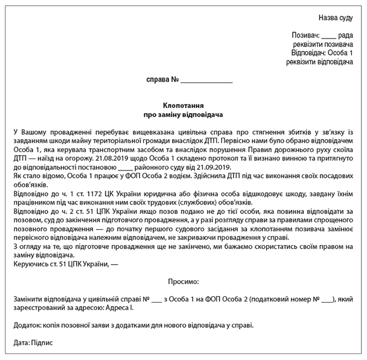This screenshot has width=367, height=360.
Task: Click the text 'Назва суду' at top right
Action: click(335, 18)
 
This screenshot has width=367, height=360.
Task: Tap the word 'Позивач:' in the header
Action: click(304, 36)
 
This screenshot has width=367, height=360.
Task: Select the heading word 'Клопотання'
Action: click(182, 106)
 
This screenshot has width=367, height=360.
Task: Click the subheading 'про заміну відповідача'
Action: click(182, 115)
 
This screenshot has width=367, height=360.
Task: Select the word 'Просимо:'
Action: click(183, 282)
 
